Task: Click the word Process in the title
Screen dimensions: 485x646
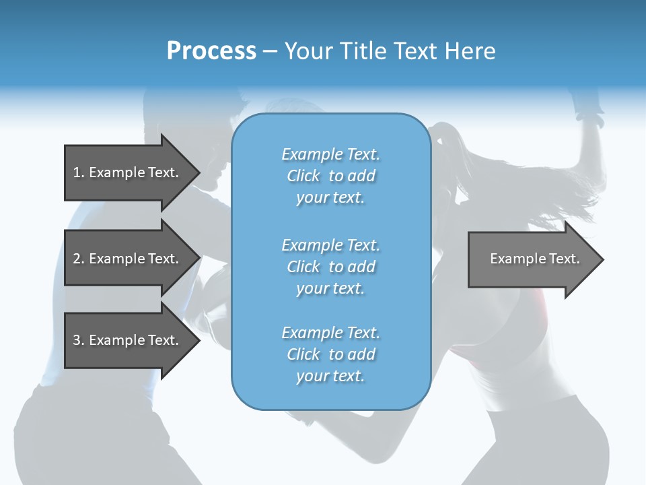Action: (211, 51)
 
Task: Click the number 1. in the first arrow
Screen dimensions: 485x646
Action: (79, 172)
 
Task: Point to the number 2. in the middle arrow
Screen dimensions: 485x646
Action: (79, 259)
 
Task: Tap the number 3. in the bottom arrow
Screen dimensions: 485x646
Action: (79, 340)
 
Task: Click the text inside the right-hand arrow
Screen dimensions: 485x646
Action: (534, 259)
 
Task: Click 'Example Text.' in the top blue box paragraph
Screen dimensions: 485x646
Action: (330, 154)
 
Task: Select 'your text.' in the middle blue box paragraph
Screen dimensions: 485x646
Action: (330, 288)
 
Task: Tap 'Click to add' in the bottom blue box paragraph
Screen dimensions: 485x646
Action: (330, 354)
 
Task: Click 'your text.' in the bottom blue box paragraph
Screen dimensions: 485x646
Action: (330, 376)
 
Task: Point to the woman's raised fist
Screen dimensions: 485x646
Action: (587, 105)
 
